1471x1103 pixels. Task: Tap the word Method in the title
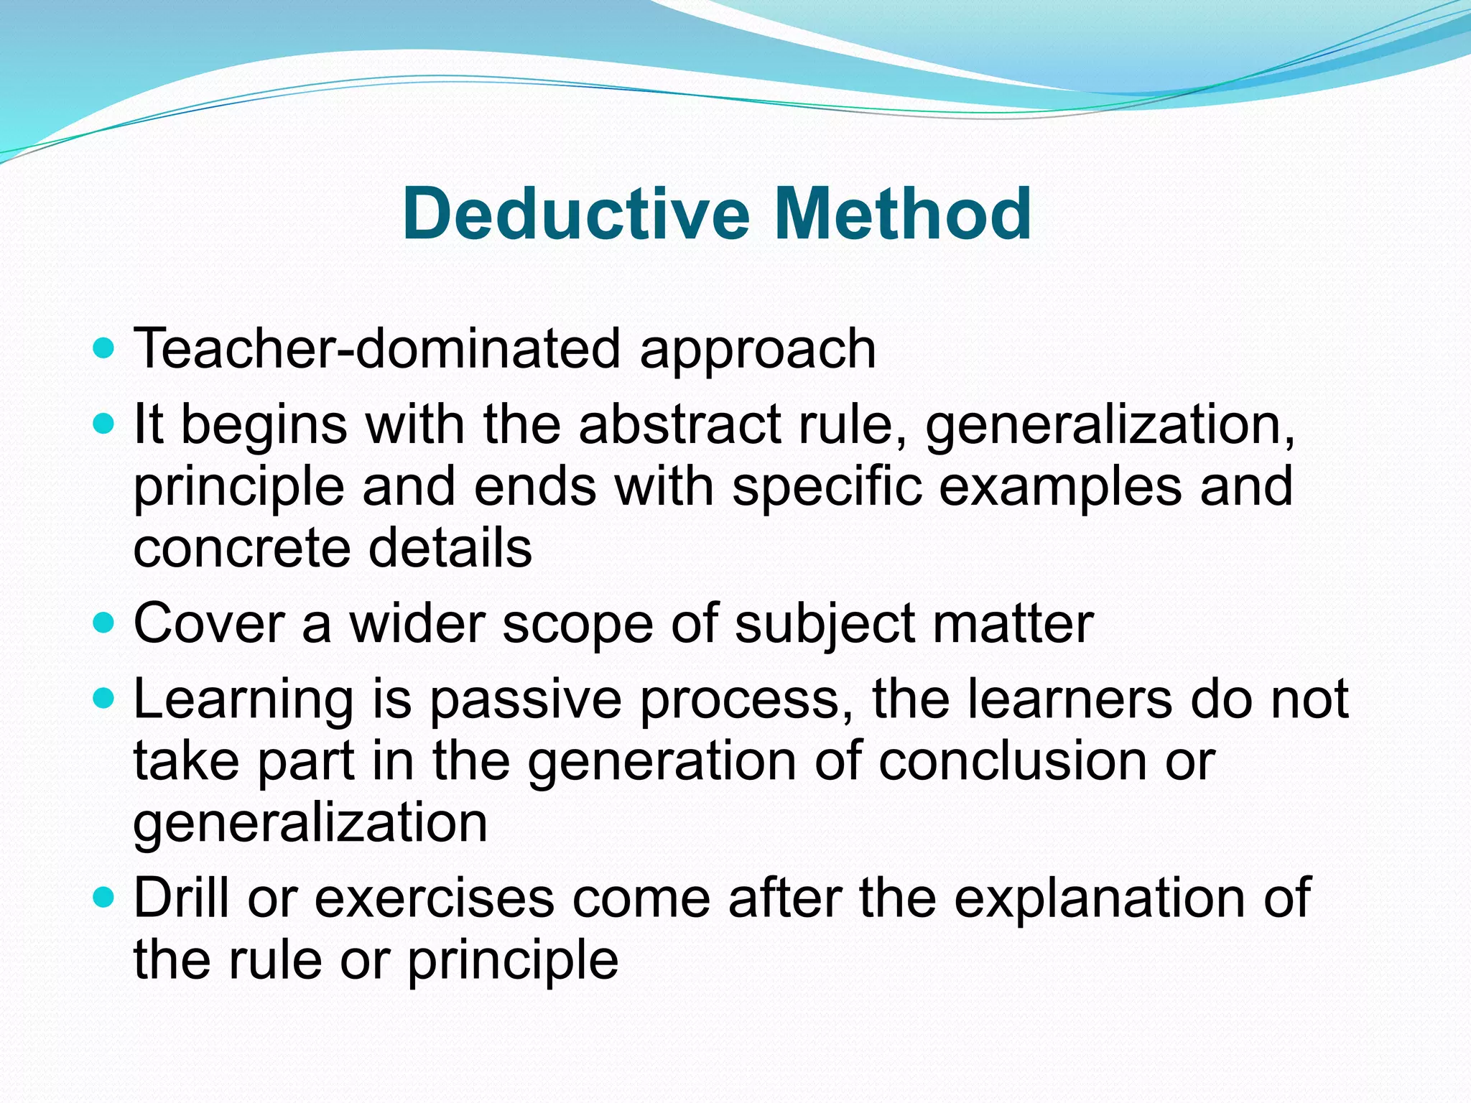click(903, 214)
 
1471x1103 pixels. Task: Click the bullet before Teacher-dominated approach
click(104, 349)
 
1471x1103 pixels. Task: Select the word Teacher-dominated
click(376, 349)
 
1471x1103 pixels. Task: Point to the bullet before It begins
click(104, 424)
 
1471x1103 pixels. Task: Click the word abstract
click(679, 424)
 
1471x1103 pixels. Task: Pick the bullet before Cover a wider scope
click(104, 623)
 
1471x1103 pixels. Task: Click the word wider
click(417, 623)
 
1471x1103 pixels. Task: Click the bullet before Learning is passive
click(104, 698)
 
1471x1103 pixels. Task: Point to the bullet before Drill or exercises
click(104, 898)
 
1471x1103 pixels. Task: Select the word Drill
click(182, 898)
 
